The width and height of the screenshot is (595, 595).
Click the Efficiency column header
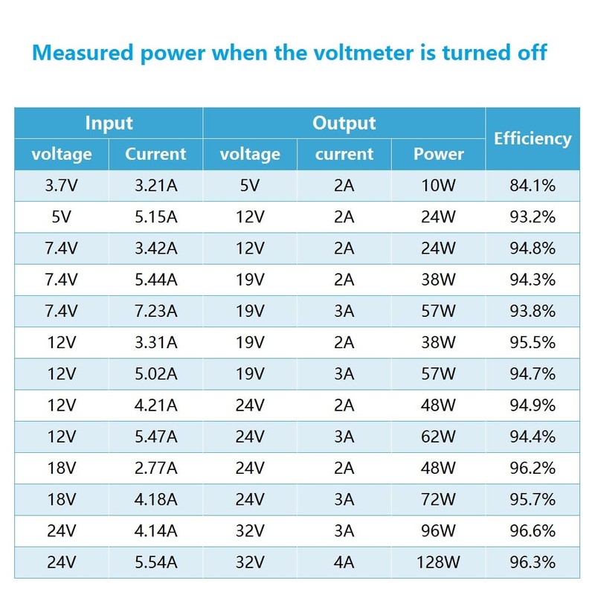coord(533,138)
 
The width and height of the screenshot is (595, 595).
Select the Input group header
coord(109,123)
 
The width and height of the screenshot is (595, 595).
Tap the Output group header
coord(344,123)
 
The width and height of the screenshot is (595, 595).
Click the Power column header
coord(439,154)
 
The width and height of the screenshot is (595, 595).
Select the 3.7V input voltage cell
coord(62,185)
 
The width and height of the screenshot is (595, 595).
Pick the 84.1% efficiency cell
coord(533,185)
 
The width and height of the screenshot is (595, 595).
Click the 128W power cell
coord(439,563)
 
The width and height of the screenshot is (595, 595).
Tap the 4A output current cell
coord(344,563)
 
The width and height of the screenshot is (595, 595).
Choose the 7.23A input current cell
coord(155,311)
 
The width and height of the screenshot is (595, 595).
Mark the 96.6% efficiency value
coord(533,531)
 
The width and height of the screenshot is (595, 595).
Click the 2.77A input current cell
coord(155,469)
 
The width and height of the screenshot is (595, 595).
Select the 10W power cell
coord(439,185)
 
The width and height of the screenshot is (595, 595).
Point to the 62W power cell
coord(439,437)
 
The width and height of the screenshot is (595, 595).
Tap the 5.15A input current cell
coord(155,216)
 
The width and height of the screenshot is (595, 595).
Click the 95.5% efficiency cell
coord(533,343)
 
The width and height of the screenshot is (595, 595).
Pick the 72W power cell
coord(439,500)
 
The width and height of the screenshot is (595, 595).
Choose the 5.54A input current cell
coord(155,563)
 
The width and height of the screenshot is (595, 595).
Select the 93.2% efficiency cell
coord(533,216)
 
